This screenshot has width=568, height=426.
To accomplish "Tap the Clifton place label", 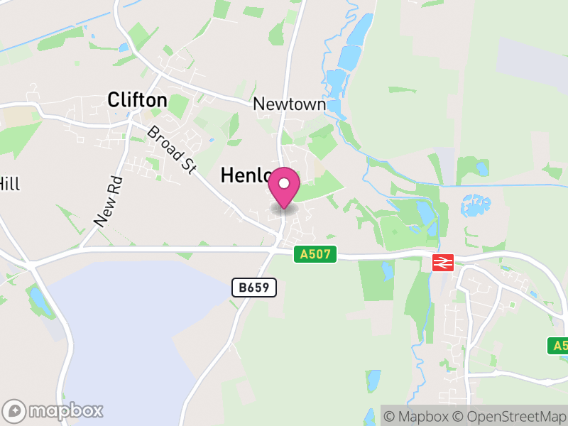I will pos(137,100).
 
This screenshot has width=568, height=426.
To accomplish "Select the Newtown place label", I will pos(290,104).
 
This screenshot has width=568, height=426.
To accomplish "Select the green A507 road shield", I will pos(315,253).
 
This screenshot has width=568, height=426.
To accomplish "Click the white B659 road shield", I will pos(253,288).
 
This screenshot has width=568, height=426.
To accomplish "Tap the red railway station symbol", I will pos(442,263).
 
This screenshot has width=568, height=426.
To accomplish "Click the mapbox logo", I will pos(54,410).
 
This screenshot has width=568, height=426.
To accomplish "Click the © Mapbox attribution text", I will pos(416,415).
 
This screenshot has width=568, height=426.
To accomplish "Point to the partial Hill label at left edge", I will pos(9,184).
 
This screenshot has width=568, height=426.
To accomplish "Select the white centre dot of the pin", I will pos(284,183).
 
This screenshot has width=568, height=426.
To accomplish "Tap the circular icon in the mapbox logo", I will pos(14,410).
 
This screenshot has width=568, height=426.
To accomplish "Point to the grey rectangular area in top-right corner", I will pos(532,60).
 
